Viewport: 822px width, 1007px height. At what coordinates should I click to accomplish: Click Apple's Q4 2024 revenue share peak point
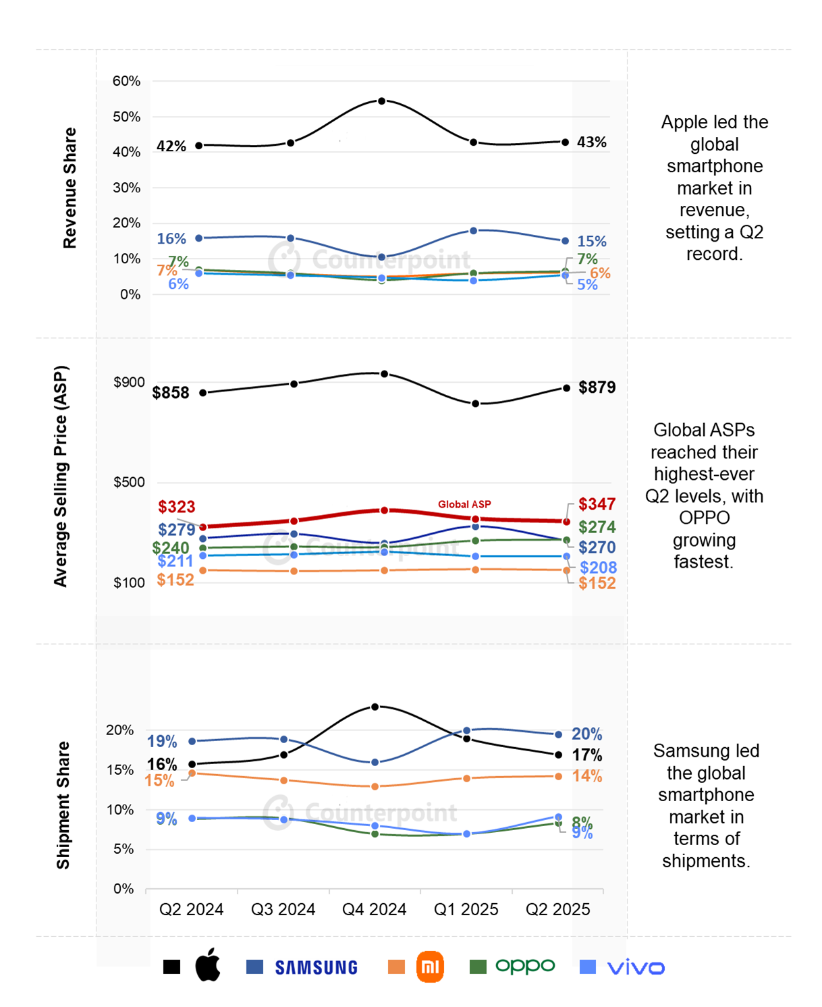[382, 101]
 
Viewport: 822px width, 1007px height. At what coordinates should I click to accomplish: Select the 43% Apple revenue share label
[591, 142]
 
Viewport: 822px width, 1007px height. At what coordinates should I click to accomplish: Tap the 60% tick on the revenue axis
[127, 81]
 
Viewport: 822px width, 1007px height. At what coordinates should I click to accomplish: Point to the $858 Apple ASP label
[171, 393]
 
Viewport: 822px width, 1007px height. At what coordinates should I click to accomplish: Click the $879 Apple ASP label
[597, 387]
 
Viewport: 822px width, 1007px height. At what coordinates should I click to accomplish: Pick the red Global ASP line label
[464, 504]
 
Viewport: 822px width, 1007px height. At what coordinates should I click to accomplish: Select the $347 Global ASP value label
[597, 504]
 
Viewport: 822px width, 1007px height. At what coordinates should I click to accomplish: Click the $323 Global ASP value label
[177, 507]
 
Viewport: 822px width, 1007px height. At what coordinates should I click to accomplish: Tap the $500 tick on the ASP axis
[129, 483]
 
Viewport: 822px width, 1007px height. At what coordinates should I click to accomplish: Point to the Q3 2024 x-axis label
[283, 910]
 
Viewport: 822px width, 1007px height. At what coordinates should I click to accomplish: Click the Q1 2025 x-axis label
[466, 910]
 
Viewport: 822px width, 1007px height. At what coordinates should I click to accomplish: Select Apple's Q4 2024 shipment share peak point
[375, 707]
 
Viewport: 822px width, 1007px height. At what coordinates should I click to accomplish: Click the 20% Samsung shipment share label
[587, 734]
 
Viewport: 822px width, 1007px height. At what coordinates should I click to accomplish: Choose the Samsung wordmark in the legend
[317, 968]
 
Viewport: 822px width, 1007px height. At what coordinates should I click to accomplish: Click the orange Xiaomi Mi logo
[430, 967]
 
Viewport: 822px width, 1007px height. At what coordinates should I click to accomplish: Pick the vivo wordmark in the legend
[636, 968]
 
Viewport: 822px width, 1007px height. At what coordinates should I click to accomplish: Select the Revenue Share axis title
[70, 188]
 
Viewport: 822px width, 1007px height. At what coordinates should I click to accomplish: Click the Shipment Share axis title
[63, 805]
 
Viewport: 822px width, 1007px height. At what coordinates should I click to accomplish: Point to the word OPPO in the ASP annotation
[704, 518]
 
